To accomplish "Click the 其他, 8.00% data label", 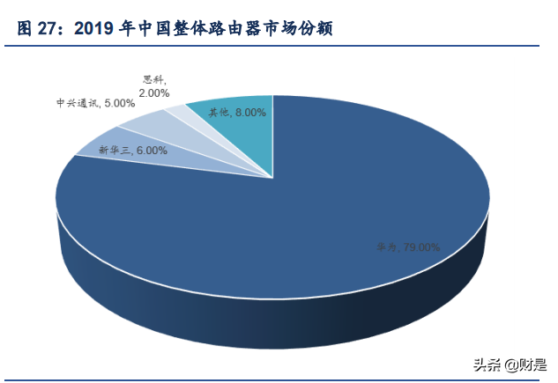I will pyautogui.click(x=237, y=112).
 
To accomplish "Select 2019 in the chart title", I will pyautogui.click(x=96, y=30).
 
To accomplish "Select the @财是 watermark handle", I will pyautogui.click(x=525, y=365).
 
